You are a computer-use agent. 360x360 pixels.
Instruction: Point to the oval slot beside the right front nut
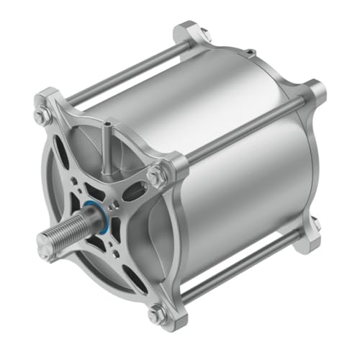coord(132,192)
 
